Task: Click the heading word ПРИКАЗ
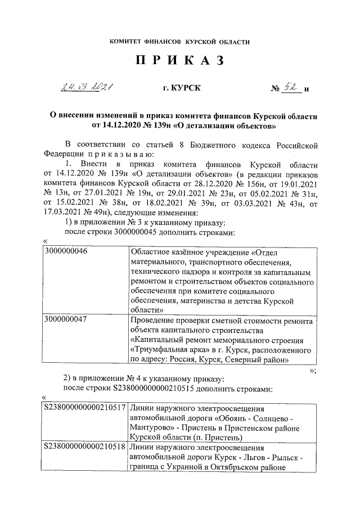180,61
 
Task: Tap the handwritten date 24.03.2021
87,88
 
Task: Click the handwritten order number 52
291,87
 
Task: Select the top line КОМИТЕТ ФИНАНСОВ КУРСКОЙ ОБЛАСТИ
180,42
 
